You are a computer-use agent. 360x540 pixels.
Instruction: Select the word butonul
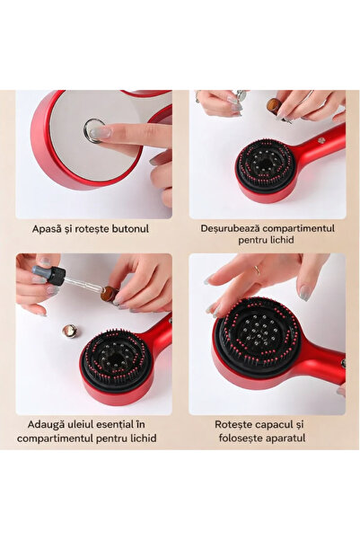127,229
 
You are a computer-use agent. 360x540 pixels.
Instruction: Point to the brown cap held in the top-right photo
273,106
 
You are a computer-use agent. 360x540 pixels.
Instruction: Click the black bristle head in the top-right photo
265,164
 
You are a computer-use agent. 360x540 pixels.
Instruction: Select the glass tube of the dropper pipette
80,284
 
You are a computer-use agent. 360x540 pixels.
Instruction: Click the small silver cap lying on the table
69,331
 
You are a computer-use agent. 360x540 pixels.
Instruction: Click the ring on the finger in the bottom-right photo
256,269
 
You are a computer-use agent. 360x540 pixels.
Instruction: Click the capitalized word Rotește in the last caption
234,423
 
